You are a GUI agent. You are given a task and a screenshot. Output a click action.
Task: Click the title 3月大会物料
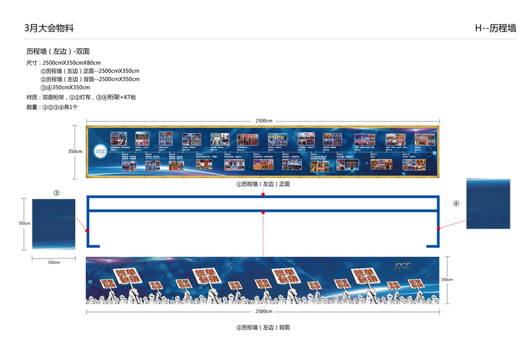(49, 28)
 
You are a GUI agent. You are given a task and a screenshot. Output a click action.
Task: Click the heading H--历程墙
(495, 28)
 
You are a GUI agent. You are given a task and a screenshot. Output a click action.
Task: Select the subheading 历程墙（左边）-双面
(58, 52)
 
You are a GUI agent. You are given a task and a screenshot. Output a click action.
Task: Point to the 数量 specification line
(52, 107)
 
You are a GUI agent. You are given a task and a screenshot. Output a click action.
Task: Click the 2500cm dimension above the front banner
(263, 121)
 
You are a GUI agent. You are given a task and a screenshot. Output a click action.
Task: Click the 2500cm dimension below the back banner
(263, 311)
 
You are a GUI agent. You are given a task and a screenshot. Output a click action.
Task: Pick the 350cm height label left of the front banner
(75, 152)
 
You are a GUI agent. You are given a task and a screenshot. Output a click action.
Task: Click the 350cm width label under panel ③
(53, 262)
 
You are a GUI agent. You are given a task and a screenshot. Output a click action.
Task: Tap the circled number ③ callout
(56, 193)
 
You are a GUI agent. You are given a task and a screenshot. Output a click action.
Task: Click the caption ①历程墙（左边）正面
(263, 184)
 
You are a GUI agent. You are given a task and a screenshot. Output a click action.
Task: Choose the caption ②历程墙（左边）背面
(263, 328)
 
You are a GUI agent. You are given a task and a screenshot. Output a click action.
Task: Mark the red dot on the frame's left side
(88, 230)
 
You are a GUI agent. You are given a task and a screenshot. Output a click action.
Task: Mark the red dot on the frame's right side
(439, 229)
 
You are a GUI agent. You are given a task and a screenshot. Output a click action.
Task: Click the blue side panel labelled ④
(488, 203)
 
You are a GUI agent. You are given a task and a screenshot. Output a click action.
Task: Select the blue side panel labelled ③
(53, 224)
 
